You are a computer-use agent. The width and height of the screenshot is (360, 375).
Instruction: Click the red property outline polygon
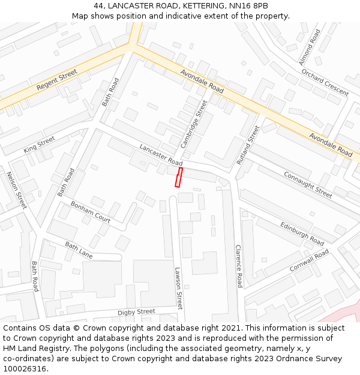(x=178, y=178)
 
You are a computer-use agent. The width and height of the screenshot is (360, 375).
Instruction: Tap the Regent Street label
(x=57, y=80)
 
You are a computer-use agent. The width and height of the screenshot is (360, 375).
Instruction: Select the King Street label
(x=39, y=144)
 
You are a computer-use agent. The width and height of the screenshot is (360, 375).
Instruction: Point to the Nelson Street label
(x=17, y=190)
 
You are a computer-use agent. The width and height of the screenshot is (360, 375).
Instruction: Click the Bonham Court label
(x=91, y=211)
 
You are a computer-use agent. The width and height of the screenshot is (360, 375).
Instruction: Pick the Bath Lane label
(x=79, y=250)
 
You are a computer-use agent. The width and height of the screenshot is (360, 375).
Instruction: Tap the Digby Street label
(x=136, y=312)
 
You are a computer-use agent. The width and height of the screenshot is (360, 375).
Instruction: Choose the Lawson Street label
(x=178, y=288)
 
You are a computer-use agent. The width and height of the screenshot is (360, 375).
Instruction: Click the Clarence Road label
(x=238, y=266)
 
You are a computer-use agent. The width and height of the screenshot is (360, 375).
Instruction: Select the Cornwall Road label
(x=309, y=261)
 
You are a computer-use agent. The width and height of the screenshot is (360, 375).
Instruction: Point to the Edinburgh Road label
(x=302, y=234)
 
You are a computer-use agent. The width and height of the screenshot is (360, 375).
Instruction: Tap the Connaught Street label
(x=308, y=184)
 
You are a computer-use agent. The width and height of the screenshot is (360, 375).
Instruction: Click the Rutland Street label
(x=248, y=145)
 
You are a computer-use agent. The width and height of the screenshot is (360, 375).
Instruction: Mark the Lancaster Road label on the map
(x=161, y=155)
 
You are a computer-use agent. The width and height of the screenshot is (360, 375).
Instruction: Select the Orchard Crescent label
(x=325, y=82)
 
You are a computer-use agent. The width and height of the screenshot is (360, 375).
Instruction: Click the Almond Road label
(x=305, y=47)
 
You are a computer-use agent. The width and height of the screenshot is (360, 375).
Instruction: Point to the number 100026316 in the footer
(x=24, y=368)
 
